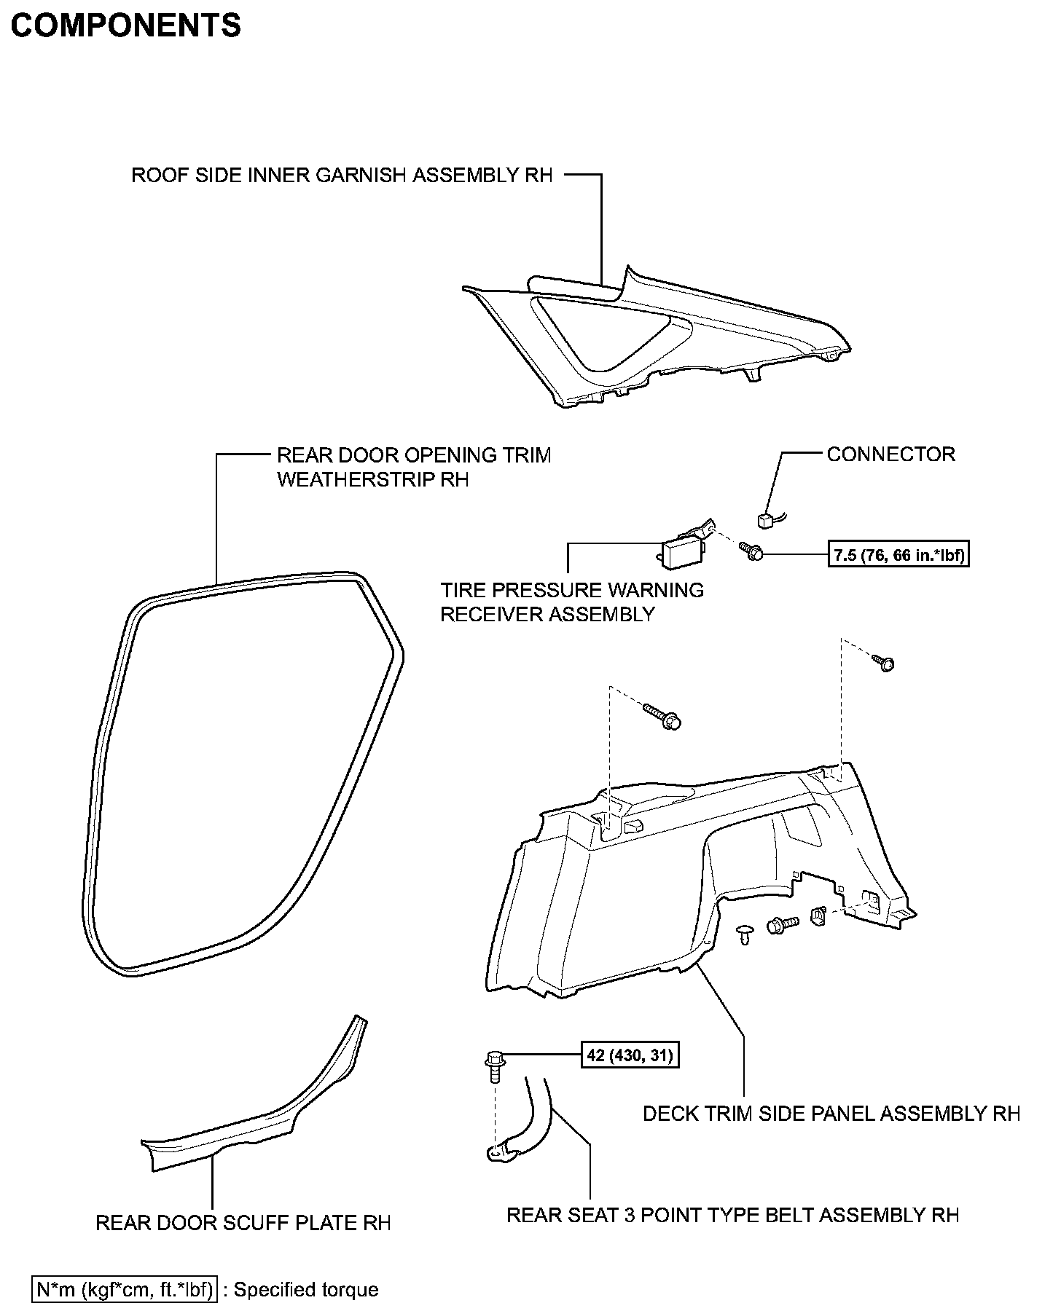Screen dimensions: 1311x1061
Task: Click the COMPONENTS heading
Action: (x=125, y=25)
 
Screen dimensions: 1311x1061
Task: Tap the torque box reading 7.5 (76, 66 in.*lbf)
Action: (x=901, y=556)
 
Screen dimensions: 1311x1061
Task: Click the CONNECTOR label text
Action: (x=890, y=454)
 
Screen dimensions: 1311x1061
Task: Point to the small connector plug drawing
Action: (x=765, y=520)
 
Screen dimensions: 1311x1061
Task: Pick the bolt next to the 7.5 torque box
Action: (x=751, y=551)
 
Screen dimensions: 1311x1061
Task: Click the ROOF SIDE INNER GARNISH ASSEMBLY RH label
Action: (x=342, y=176)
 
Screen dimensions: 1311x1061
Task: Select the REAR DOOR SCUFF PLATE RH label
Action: (x=243, y=1223)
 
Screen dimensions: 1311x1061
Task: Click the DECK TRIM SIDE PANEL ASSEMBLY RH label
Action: (x=831, y=1114)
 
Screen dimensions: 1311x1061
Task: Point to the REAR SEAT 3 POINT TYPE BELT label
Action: (x=732, y=1215)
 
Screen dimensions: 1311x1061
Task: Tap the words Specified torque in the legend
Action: (x=306, y=1290)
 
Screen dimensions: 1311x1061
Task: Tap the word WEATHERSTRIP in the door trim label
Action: (x=357, y=480)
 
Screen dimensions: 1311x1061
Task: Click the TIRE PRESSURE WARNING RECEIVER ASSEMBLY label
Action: (x=572, y=602)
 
